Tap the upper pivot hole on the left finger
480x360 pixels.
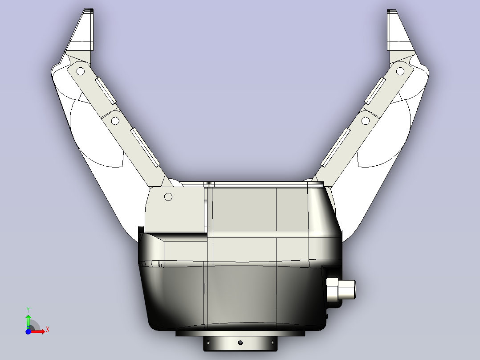click(81, 70)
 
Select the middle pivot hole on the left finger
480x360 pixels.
click(115, 120)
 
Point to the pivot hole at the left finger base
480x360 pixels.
click(168, 196)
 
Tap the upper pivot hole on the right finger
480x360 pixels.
click(400, 70)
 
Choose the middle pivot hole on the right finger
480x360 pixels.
click(366, 120)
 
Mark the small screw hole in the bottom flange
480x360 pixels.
click(240, 343)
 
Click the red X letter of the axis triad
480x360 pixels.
click(47, 329)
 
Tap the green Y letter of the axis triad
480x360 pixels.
click(28, 309)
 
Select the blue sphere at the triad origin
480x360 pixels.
click(28, 331)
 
